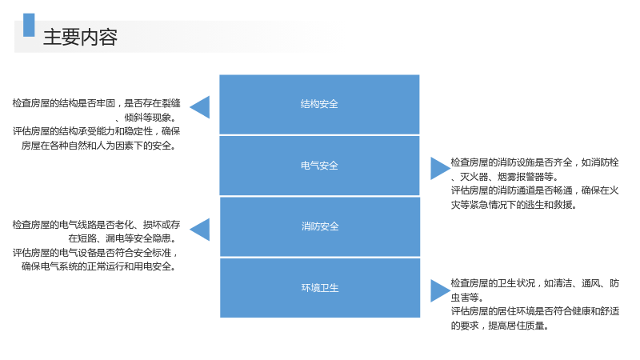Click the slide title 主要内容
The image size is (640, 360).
tap(81, 37)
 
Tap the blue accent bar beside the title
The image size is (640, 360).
tap(29, 25)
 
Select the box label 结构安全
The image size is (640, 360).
tap(319, 104)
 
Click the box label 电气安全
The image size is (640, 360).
tap(319, 166)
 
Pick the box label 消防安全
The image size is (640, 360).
tap(320, 226)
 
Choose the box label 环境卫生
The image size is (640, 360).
tap(320, 288)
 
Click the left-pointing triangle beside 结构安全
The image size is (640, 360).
tap(200, 107)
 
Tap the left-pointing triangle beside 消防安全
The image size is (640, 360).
tap(200, 230)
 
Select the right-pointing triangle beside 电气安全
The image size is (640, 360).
tap(440, 168)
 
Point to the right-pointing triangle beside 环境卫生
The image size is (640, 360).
tap(440, 290)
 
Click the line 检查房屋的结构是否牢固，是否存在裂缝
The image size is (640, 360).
tap(96, 103)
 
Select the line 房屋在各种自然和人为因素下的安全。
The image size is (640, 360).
tap(98, 146)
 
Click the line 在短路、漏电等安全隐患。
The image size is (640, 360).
tap(122, 238)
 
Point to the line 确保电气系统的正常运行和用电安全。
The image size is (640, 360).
tap(98, 266)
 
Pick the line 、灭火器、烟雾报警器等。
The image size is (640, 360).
tap(505, 177)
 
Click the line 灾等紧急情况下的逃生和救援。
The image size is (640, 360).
tap(514, 205)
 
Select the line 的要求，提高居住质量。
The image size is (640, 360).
tap(500, 326)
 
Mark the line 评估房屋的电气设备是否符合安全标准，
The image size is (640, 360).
tap(96, 253)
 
